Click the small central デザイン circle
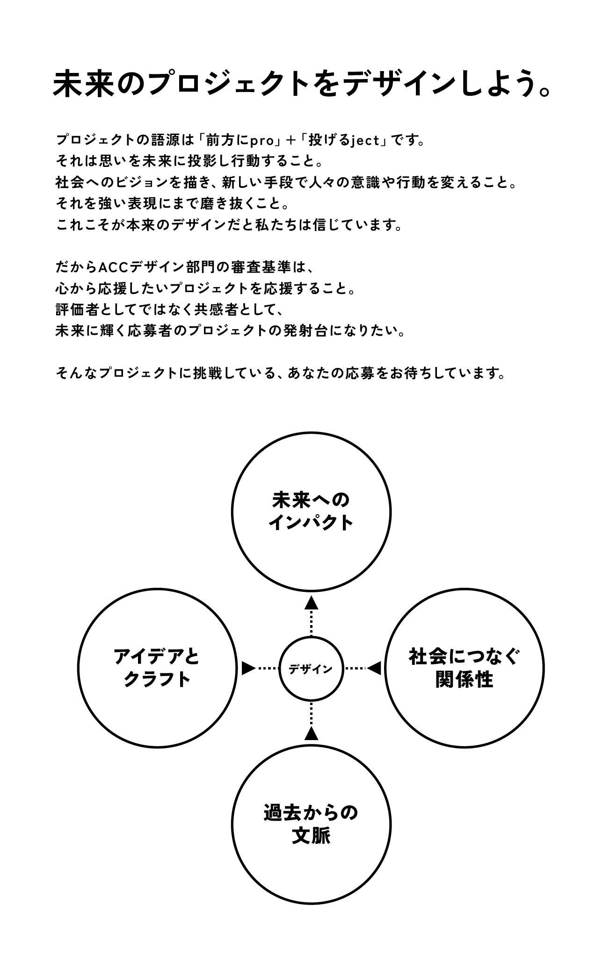tap(311, 669)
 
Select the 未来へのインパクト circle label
tap(311, 511)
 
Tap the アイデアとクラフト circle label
tap(157, 668)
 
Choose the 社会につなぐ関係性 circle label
tap(465, 668)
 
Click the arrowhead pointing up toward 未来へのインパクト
tap(311, 604)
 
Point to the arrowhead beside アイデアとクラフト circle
tap(248, 669)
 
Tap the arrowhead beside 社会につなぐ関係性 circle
tap(374, 669)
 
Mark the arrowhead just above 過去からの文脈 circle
tap(311, 733)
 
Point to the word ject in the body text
tap(364, 140)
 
